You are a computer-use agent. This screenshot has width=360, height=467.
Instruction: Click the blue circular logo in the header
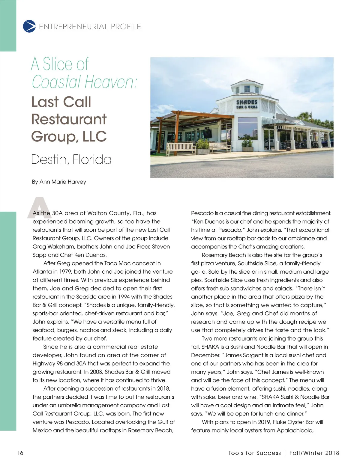[x=29, y=26]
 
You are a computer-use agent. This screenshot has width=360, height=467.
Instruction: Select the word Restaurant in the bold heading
[x=69, y=119]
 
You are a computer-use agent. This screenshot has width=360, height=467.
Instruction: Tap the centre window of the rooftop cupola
[x=247, y=89]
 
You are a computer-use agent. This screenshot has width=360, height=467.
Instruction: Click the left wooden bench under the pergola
[x=181, y=147]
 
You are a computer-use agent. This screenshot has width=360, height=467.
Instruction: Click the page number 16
[x=20, y=453]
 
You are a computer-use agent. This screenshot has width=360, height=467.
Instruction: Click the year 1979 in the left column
[x=61, y=272]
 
